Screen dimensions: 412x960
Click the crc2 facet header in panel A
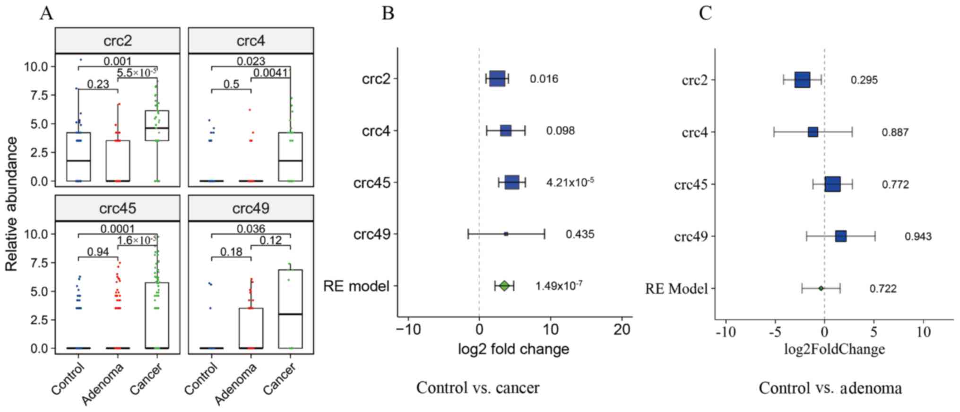tap(118, 41)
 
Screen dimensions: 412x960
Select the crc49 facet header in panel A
tap(251, 208)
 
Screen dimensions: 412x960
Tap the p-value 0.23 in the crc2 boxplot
tap(98, 84)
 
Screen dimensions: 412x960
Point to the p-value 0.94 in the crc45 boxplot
tap(98, 252)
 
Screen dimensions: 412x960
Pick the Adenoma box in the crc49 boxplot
tap(251, 328)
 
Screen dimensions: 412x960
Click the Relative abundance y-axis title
tap(11, 204)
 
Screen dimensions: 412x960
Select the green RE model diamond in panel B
tap(504, 286)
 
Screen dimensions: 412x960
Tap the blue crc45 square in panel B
tap(512, 182)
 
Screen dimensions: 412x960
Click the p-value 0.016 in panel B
tap(544, 79)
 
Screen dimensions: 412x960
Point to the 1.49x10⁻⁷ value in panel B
tap(559, 286)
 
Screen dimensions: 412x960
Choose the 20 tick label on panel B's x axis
tap(622, 330)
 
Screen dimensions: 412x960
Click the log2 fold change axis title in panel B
tap(513, 350)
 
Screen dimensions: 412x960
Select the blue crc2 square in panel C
tap(802, 80)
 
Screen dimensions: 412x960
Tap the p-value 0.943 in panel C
tap(918, 236)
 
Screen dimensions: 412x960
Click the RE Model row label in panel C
tap(676, 289)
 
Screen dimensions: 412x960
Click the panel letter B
tap(388, 13)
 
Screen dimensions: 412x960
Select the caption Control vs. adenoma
tap(830, 388)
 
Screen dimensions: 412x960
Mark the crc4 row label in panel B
tap(376, 131)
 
